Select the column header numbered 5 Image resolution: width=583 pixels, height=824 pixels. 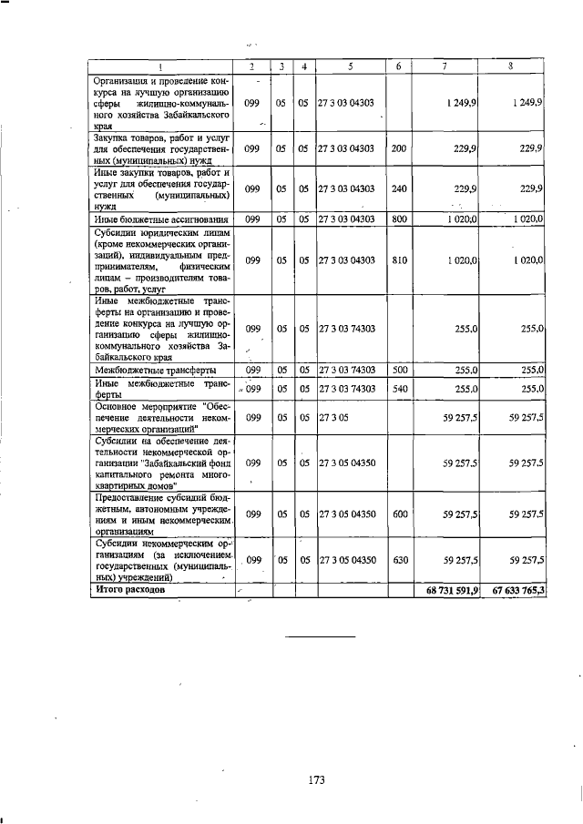tap(350, 66)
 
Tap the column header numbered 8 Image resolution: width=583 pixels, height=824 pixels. tap(511, 66)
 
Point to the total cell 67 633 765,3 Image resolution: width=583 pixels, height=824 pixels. tap(518, 591)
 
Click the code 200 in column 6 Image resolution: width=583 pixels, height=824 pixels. tap(398, 148)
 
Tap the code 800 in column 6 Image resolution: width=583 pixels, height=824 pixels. tap(398, 219)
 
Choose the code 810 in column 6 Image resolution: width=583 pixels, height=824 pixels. tap(398, 260)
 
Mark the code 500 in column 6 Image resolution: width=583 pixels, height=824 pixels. tap(398, 371)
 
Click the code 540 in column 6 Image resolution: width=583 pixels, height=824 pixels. tap(398, 389)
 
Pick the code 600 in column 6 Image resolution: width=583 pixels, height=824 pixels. tap(398, 514)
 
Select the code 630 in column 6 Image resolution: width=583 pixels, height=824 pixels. tap(398, 559)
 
